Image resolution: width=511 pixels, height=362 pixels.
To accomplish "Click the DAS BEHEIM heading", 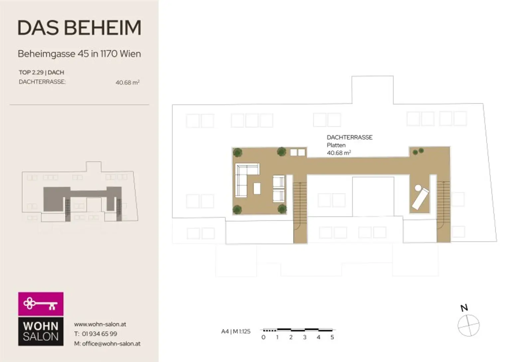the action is point(80,28).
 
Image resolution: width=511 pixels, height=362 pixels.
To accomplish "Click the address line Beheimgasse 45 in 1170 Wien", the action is point(80,54).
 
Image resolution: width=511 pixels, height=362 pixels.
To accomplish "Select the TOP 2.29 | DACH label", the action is point(42,72).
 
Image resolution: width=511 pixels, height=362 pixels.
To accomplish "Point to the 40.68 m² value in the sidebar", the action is point(127,82).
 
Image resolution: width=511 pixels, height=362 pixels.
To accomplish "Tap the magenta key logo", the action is point(41,304).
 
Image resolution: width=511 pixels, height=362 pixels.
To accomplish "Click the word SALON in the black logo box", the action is point(41,337).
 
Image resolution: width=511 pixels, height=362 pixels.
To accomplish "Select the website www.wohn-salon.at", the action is point(100,324).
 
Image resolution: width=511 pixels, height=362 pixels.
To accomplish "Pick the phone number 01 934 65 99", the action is point(99,334).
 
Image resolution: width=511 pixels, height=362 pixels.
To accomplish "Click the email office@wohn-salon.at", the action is point(111,343).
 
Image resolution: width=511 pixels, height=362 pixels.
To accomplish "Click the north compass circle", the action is point(468,325).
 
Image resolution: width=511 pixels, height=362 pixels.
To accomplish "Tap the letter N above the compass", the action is point(464,308).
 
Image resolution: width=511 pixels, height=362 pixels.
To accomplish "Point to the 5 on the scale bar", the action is point(332,337).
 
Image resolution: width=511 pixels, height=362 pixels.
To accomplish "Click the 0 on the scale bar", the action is point(263,337).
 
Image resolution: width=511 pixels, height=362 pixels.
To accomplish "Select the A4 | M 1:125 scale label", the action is point(236,331).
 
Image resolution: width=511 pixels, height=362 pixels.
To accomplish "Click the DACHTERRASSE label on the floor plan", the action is point(350,137).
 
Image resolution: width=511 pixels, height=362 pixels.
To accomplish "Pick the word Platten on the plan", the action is point(336,145).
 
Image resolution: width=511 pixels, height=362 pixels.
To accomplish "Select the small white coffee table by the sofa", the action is point(257,188).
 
